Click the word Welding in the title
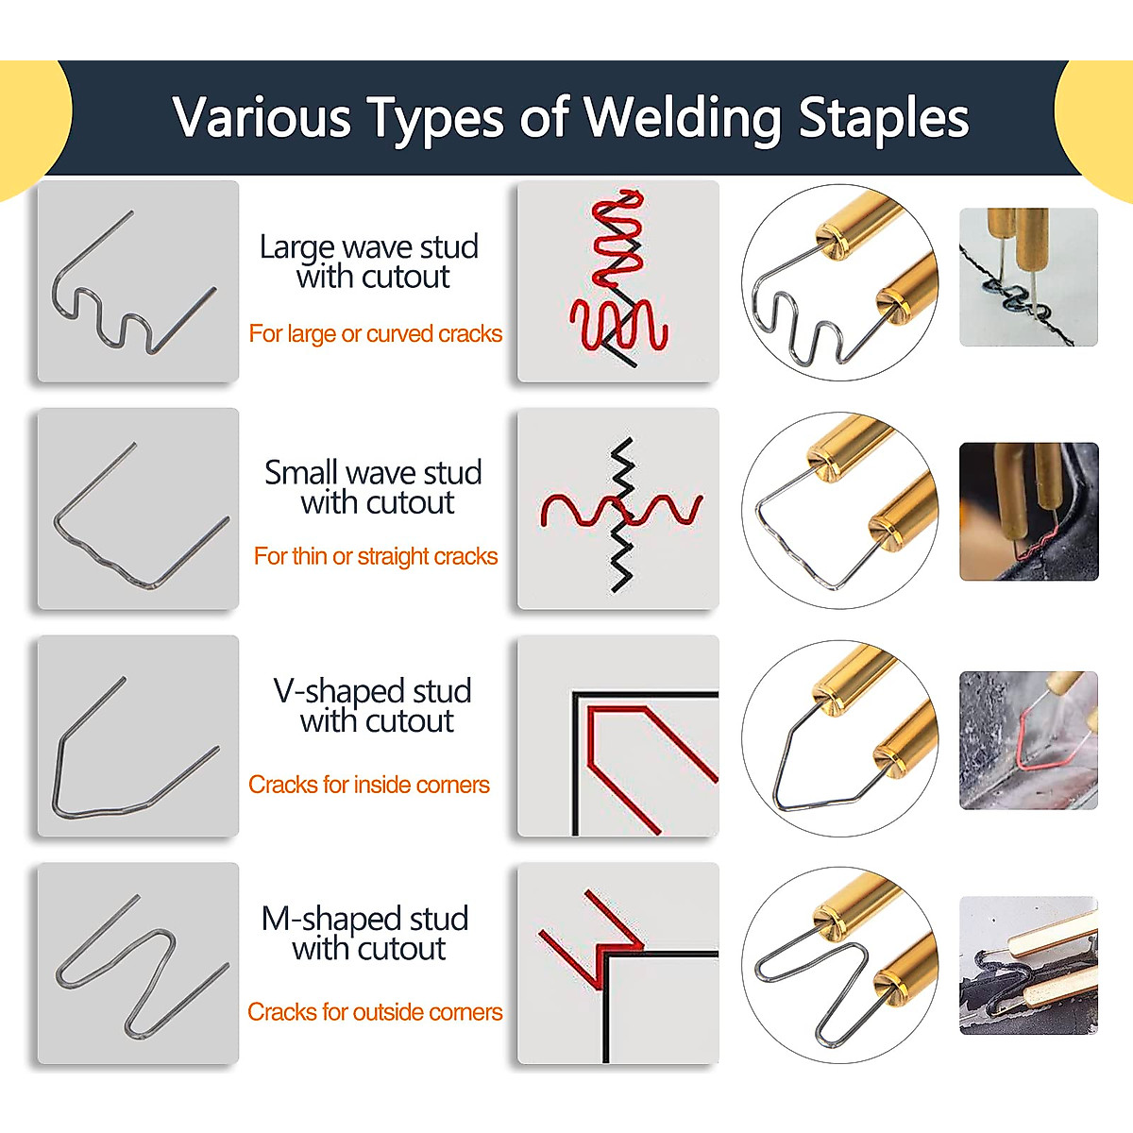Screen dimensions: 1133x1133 click(682, 118)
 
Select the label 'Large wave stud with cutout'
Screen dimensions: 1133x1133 click(370, 262)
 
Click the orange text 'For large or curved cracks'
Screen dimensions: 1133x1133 click(375, 333)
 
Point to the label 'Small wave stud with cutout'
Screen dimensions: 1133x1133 click(374, 486)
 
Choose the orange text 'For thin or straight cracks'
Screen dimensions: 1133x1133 click(375, 556)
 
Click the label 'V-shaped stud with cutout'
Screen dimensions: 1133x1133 click(373, 705)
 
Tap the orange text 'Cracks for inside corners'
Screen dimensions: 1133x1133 click(368, 785)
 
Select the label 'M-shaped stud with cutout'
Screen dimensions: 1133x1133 click(366, 933)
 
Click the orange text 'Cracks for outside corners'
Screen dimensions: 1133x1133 click(374, 1012)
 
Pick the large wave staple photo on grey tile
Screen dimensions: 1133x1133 click(138, 281)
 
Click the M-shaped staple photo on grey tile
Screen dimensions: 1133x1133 click(138, 963)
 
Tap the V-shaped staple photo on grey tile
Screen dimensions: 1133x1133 click(138, 736)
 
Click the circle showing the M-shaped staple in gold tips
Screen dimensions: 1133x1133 click(840, 963)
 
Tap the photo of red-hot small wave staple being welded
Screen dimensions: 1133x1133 click(1029, 511)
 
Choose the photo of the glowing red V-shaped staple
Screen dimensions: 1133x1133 click(1029, 739)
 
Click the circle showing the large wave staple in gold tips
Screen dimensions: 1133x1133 click(840, 281)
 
